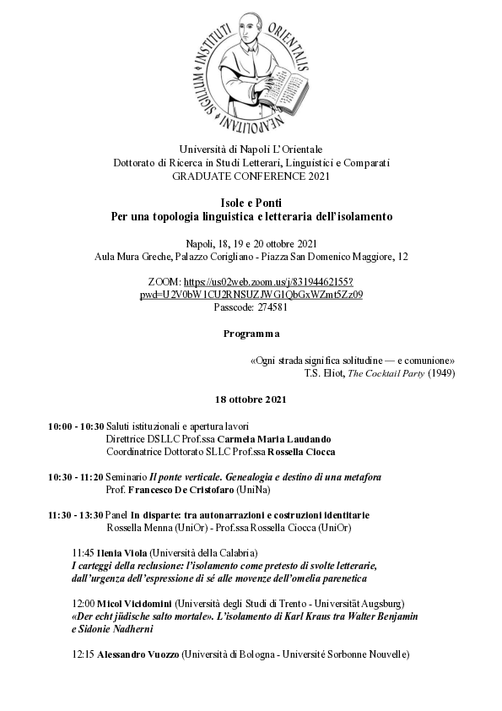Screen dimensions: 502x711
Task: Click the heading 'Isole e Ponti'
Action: coord(251,204)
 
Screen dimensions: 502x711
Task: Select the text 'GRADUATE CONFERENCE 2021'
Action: coord(251,176)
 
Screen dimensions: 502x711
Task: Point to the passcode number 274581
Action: coord(268,307)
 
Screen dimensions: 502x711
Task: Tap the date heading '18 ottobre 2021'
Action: coord(251,398)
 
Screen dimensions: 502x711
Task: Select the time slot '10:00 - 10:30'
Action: coord(76,426)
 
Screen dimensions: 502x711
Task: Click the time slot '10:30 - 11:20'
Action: coord(76,477)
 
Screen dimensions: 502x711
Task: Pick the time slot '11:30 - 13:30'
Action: coord(76,515)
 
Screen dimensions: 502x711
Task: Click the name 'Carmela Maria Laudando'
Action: coord(271,439)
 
